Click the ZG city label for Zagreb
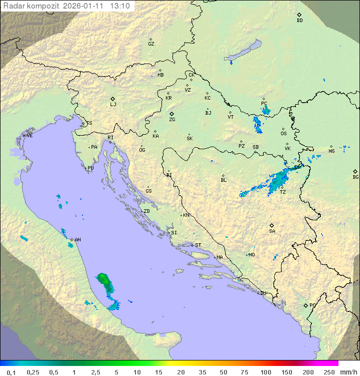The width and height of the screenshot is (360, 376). tap(172, 120)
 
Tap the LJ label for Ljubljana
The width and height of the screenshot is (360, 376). tap(113, 105)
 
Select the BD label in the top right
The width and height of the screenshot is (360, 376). tap(299, 21)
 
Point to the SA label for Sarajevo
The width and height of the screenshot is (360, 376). tap(272, 231)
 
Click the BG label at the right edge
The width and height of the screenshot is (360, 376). tap(355, 177)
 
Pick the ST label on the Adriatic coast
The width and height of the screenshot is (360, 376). tap(198, 245)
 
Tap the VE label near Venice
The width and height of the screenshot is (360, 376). tap(29, 136)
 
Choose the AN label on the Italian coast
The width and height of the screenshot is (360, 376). tap(77, 240)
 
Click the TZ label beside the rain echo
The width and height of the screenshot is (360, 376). tap(282, 192)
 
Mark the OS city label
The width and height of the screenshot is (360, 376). tap(283, 134)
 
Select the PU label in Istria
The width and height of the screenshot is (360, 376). tap(90, 168)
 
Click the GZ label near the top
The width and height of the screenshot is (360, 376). tap(151, 44)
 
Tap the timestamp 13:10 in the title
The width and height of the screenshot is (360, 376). tap(120, 6)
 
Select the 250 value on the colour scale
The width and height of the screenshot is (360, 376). tap(328, 372)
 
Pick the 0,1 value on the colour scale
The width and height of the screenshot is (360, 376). tap(11, 372)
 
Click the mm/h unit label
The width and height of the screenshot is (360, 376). tap(347, 372)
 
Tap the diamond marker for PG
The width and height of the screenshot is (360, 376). tap(306, 305)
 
